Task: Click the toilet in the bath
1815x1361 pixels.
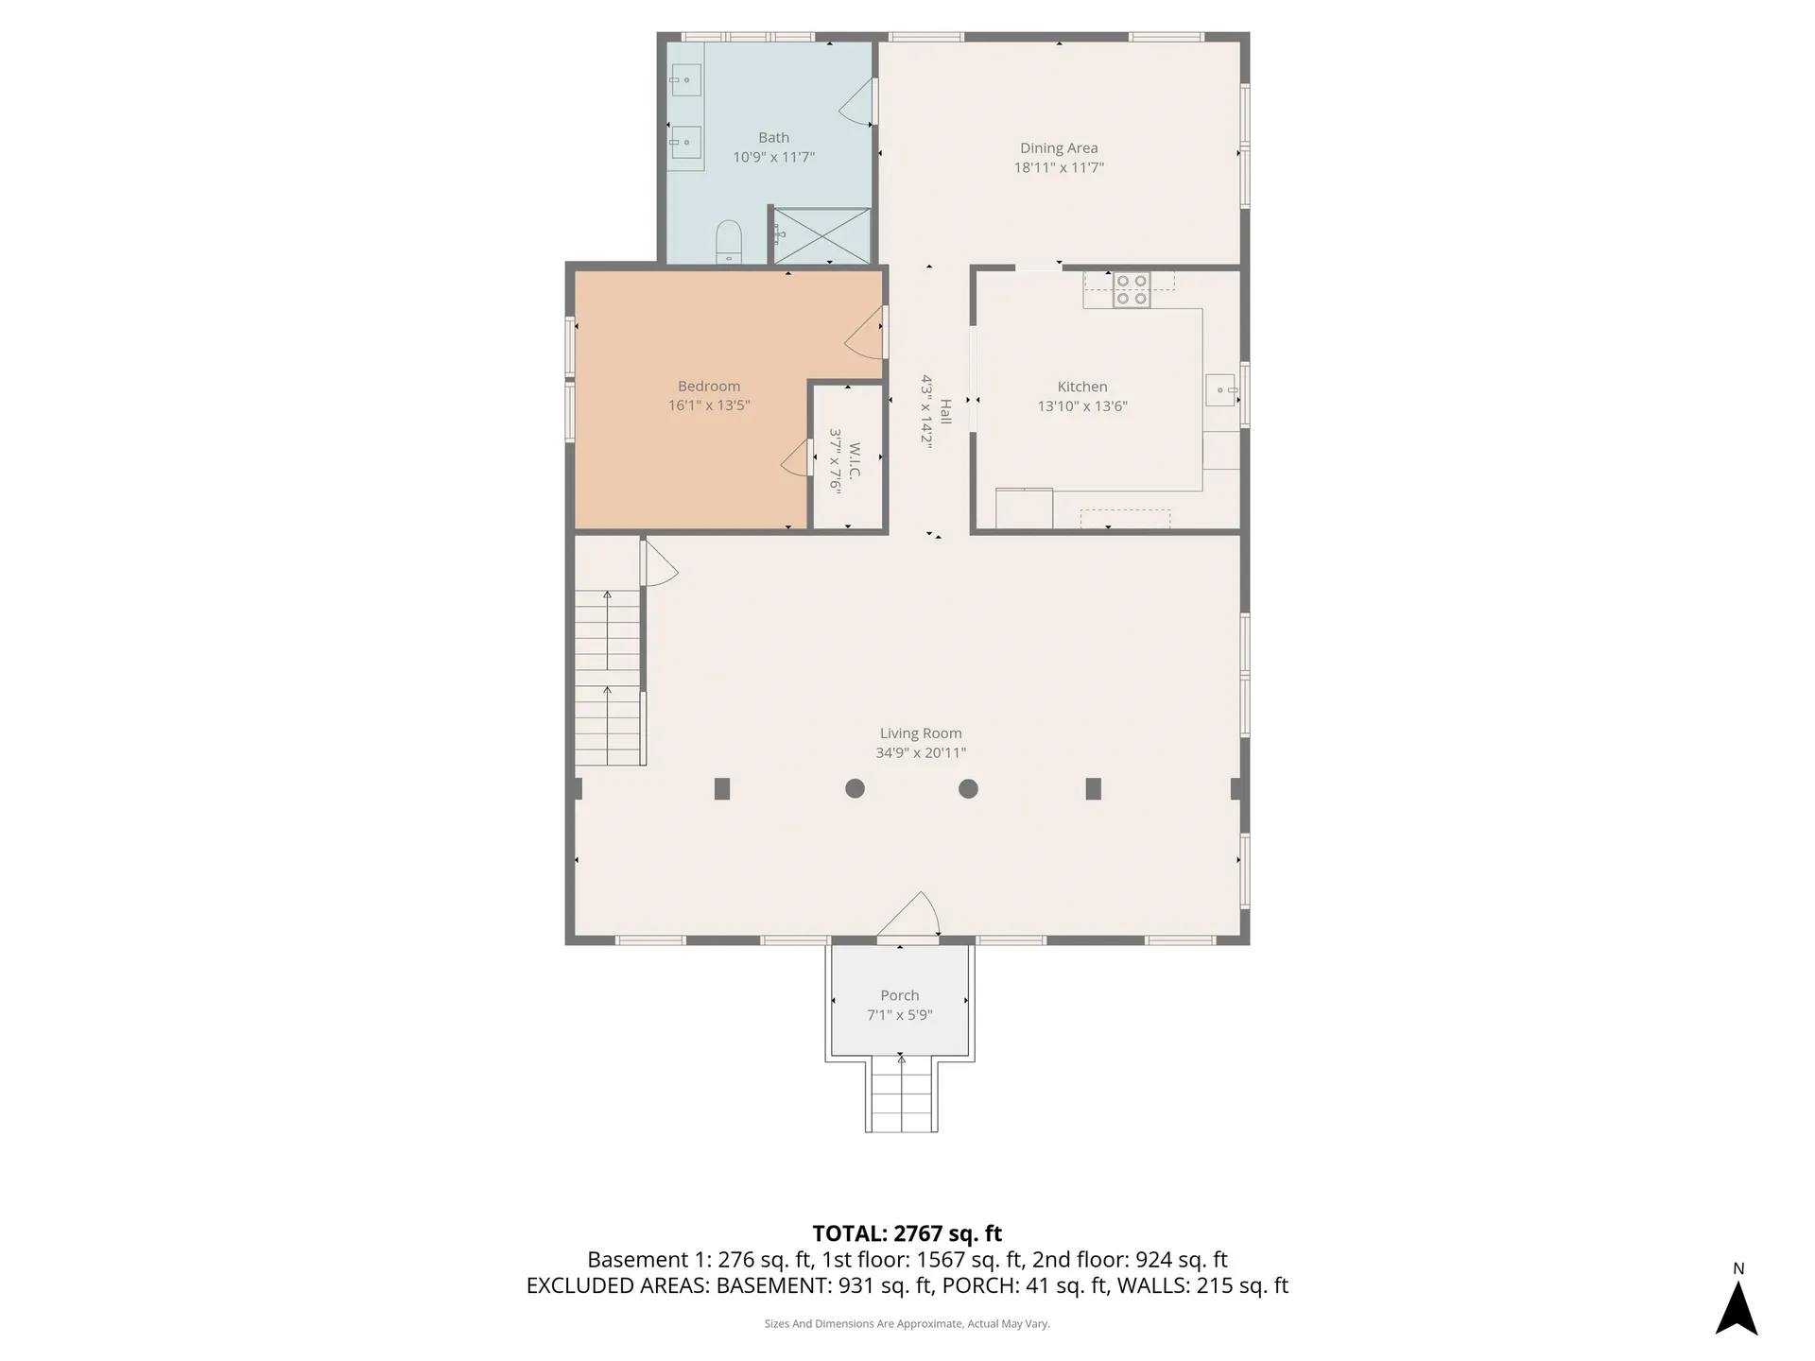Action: click(728, 242)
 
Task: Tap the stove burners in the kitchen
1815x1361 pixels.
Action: click(1131, 290)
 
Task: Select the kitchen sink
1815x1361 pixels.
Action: click(1219, 389)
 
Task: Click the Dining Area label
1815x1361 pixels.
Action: click(1059, 148)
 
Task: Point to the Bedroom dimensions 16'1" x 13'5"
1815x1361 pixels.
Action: click(709, 405)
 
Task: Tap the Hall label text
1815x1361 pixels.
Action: click(945, 411)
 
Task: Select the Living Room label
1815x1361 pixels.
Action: click(921, 733)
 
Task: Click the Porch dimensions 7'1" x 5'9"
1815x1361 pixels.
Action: click(900, 1015)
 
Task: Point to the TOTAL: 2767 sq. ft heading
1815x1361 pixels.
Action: click(907, 1233)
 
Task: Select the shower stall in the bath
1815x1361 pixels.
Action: click(821, 235)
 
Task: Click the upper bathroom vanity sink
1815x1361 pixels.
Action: click(686, 80)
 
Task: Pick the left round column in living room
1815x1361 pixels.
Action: click(855, 788)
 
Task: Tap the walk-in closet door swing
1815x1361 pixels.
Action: click(797, 459)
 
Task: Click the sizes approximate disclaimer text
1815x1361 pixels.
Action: click(907, 1324)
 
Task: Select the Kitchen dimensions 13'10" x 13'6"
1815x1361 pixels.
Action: click(1082, 406)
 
